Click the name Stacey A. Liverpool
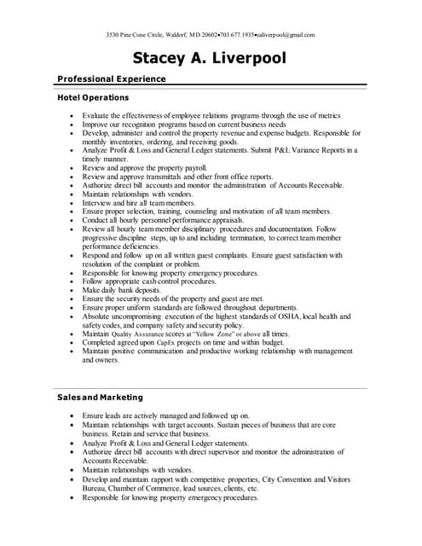pyautogui.click(x=210, y=58)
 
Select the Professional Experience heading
pyautogui.click(x=111, y=78)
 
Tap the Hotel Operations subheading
pyautogui.click(x=93, y=98)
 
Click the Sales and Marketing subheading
pyautogui.click(x=100, y=398)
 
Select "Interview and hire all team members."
pyautogui.click(x=138, y=202)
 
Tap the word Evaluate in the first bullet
pyautogui.click(x=97, y=114)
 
